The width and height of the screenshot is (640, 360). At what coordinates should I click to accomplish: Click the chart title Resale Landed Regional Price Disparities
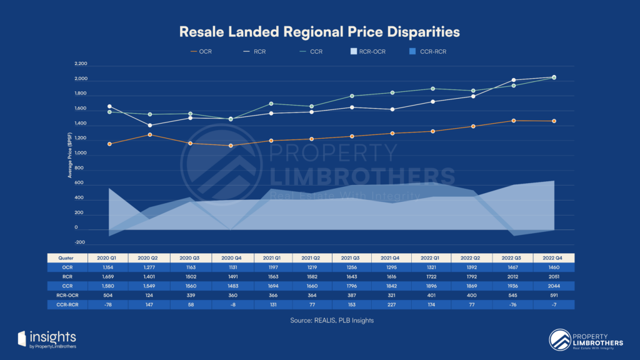(319, 31)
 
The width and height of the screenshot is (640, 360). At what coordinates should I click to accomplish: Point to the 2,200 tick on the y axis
(81, 64)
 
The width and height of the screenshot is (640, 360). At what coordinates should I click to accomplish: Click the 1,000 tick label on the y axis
(81, 154)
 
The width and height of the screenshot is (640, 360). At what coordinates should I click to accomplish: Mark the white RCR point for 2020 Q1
(109, 106)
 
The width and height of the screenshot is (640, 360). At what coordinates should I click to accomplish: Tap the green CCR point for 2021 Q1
(271, 103)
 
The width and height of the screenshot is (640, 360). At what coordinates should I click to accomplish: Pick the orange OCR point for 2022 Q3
(513, 121)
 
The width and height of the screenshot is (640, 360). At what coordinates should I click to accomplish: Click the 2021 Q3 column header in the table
(352, 257)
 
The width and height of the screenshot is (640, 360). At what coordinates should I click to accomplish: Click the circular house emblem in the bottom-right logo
(559, 339)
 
